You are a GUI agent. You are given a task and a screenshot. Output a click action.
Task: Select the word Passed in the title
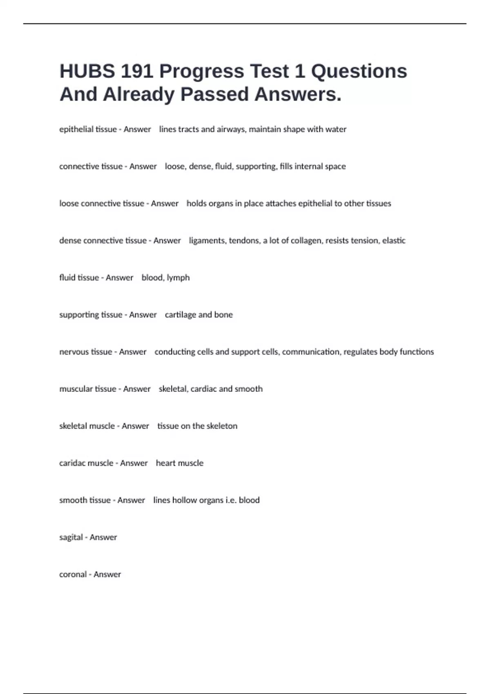click(214, 94)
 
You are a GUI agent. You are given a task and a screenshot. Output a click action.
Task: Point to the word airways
click(231, 129)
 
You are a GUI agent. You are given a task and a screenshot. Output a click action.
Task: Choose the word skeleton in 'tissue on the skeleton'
click(222, 426)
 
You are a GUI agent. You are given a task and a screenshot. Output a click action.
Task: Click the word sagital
click(71, 538)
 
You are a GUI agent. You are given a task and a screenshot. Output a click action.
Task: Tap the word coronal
click(73, 574)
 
